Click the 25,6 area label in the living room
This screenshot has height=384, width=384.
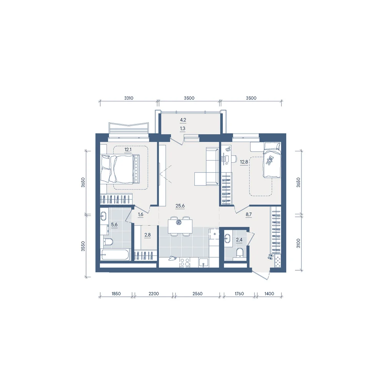pos(180,206)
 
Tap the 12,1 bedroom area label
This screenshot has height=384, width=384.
pos(128,150)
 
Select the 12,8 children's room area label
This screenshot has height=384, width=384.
pos(244,162)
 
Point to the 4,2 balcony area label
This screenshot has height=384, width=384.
pos(183,120)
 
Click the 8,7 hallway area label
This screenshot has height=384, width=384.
pos(248,214)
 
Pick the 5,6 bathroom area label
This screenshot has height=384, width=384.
pos(114,225)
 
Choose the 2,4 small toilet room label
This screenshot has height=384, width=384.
pos(239,240)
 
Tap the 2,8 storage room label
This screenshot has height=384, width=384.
pos(147,235)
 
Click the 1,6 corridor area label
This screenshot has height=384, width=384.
pos(140,215)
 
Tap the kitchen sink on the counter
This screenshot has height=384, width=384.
pos(204,263)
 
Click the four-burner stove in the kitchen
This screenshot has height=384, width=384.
pos(185,263)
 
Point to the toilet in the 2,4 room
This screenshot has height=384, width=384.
pos(238,253)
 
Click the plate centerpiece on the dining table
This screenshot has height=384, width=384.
pos(179,222)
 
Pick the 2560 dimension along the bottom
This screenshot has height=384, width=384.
pos(197,294)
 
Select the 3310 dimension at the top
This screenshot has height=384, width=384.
pos(129,98)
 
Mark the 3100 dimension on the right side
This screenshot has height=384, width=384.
pos(298,243)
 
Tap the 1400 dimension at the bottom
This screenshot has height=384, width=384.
pos(269,294)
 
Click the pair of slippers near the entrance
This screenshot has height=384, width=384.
pos(270,257)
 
